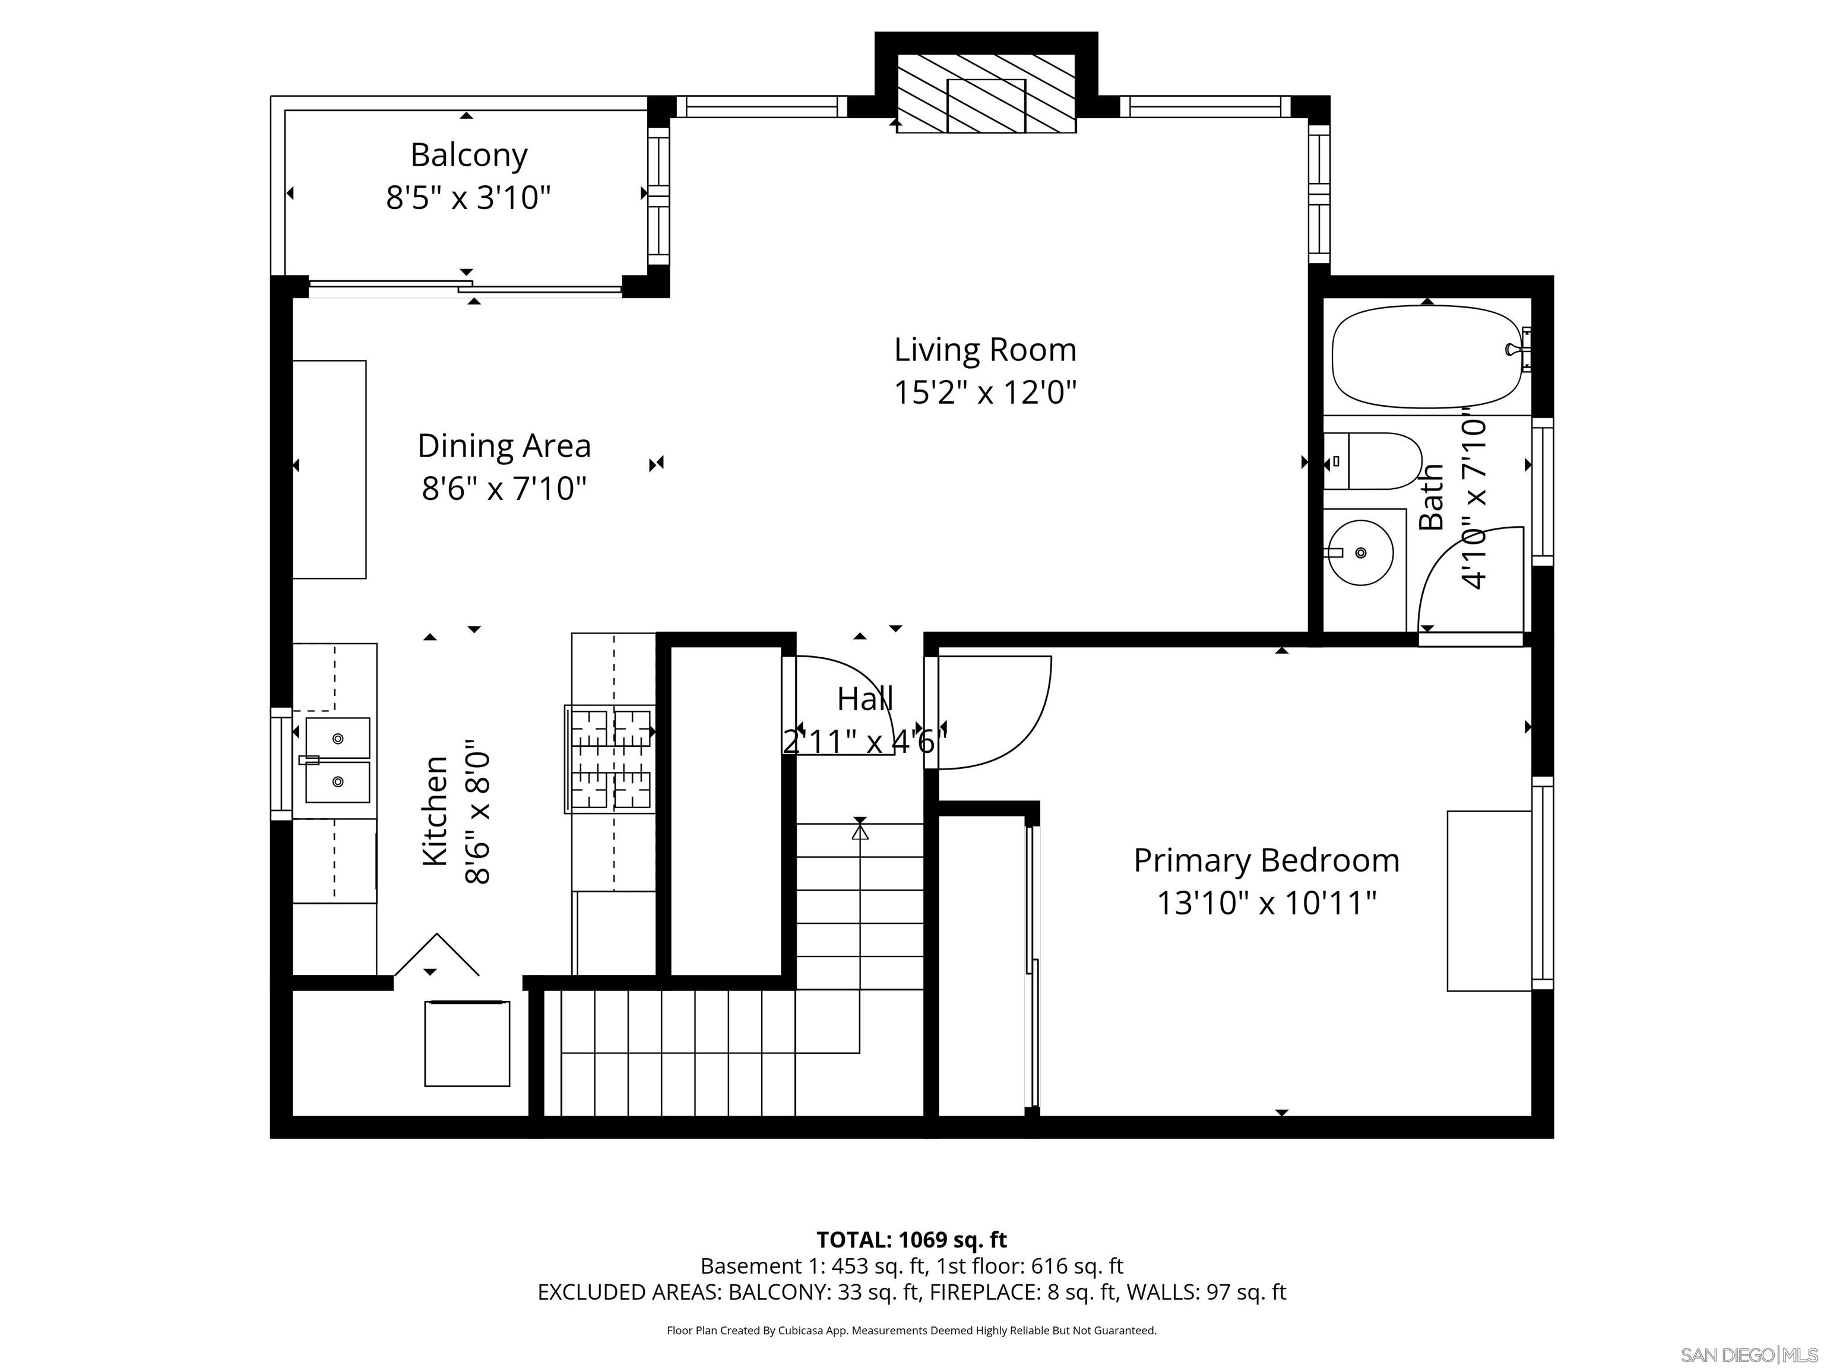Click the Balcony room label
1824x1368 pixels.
coord(468,155)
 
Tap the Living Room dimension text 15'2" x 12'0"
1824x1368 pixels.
coord(986,392)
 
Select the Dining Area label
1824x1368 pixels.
coord(504,446)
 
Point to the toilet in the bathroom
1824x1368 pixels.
coord(1373,461)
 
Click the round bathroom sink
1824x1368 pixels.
coord(1361,552)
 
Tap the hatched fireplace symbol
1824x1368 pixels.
coord(986,93)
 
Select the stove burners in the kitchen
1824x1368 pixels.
coord(611,759)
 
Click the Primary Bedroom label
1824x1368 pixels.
coord(1266,860)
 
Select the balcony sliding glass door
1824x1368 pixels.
coord(466,287)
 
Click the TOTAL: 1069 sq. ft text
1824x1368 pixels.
coord(911,1239)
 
